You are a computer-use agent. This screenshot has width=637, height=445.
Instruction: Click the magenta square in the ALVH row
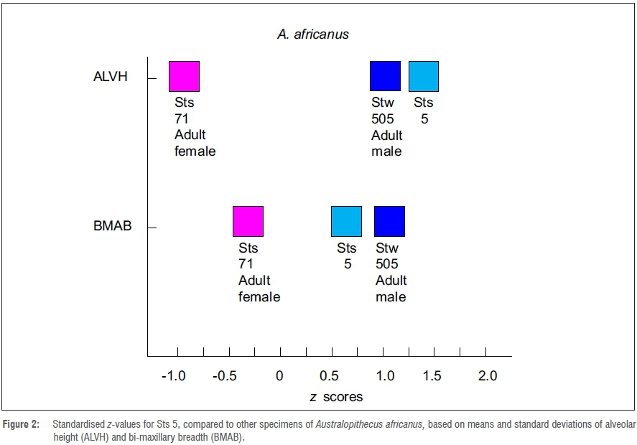click(x=184, y=76)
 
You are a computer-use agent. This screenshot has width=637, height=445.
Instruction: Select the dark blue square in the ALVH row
click(x=385, y=76)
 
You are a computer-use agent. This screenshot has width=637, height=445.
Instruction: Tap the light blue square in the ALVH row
click(x=424, y=76)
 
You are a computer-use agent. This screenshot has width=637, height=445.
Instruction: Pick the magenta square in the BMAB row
click(x=248, y=221)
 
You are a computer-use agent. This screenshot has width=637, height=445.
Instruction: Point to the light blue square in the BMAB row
click(x=346, y=221)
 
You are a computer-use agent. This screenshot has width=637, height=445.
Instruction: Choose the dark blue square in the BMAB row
click(x=389, y=221)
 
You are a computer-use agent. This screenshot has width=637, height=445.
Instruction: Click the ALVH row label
click(x=111, y=77)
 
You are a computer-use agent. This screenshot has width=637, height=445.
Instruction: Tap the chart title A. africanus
click(x=313, y=34)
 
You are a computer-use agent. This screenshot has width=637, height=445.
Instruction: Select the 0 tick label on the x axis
click(x=279, y=376)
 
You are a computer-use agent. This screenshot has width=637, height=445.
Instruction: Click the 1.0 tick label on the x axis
click(x=384, y=376)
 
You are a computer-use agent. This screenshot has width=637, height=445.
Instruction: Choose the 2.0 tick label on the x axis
click(x=488, y=376)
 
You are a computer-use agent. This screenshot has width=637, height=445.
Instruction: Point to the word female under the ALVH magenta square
click(x=195, y=151)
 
